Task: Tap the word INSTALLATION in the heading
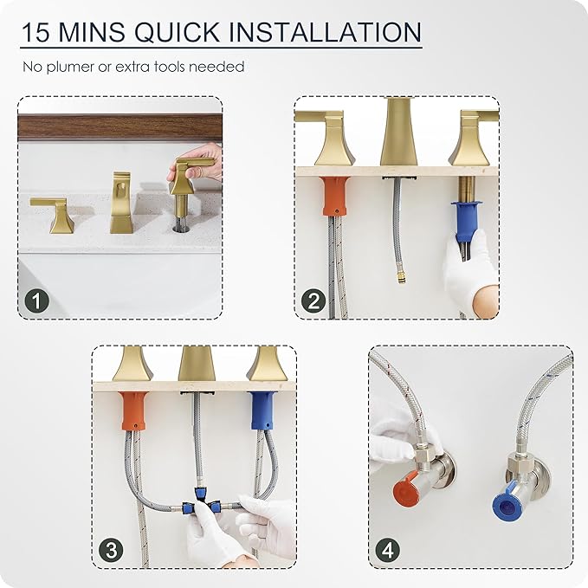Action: click(325, 32)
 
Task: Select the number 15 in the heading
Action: click(36, 32)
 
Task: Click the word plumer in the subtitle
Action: click(70, 68)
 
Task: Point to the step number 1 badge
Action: click(36, 300)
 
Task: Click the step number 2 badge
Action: click(313, 300)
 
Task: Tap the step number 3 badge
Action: click(112, 551)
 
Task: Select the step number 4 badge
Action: click(388, 551)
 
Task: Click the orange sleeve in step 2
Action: click(334, 196)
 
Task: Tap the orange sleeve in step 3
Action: click(134, 410)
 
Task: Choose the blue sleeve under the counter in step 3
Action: click(263, 410)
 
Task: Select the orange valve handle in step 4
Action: click(407, 488)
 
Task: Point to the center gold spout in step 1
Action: click(121, 203)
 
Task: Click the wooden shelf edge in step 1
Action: click(120, 128)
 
